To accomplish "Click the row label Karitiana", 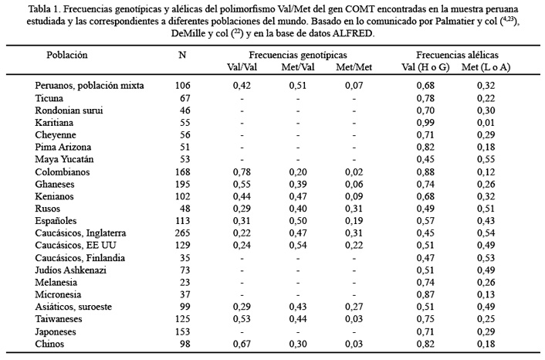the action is (54, 123).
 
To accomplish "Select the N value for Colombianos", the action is (182, 172).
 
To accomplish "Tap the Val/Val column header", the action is (242, 67).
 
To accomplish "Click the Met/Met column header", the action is (354, 67).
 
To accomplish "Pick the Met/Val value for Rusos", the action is (298, 209).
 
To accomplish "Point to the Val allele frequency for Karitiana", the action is (425, 123).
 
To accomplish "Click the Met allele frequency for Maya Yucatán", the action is (486, 159).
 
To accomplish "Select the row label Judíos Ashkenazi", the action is (70, 270).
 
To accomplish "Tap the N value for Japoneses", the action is (182, 332).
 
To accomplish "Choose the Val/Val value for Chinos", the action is (242, 344).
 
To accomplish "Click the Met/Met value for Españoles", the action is (354, 221).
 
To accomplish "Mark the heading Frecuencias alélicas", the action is (458, 55).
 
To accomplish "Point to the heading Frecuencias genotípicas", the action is (298, 55).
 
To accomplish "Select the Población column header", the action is (67, 55).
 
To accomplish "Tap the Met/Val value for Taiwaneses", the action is (298, 319).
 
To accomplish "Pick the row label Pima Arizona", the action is (63, 147).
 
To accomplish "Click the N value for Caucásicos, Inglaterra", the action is (182, 233).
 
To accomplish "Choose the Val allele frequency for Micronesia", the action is (425, 294).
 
